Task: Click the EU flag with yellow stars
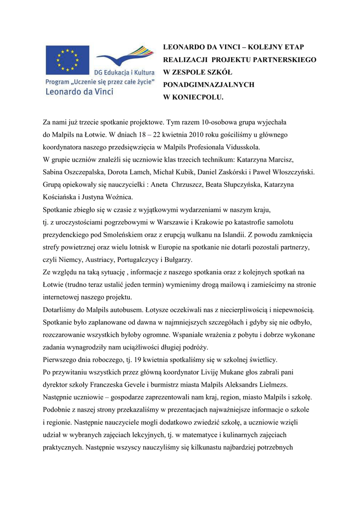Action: (68, 61)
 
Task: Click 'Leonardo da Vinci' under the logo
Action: (80, 91)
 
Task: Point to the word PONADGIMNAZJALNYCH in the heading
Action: (209, 85)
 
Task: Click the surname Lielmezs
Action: (285, 385)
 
